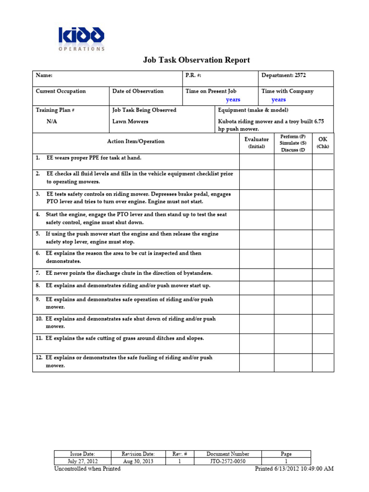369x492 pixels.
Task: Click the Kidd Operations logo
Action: point(81,38)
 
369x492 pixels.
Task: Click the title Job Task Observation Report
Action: point(197,60)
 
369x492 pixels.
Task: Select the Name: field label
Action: point(44,75)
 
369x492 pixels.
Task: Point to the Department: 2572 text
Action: point(283,75)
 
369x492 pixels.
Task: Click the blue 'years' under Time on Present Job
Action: point(233,100)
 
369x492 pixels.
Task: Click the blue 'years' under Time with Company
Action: point(279,100)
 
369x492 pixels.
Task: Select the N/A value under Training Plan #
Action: point(52,122)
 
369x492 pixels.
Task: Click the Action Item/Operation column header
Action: point(135,141)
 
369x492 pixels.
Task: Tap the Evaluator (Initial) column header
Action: point(257,143)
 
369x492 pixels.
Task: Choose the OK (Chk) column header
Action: point(323,142)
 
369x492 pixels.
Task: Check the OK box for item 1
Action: point(323,162)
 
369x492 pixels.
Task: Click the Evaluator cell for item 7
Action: point(257,275)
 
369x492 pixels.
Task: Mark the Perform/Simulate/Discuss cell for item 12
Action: point(293,362)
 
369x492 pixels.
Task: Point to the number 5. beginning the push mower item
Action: point(37,234)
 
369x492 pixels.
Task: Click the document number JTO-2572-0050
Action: point(228,461)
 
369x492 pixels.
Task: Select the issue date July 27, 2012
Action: point(83,461)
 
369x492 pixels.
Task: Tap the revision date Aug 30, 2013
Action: point(138,461)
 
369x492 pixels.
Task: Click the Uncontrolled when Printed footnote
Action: point(87,469)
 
